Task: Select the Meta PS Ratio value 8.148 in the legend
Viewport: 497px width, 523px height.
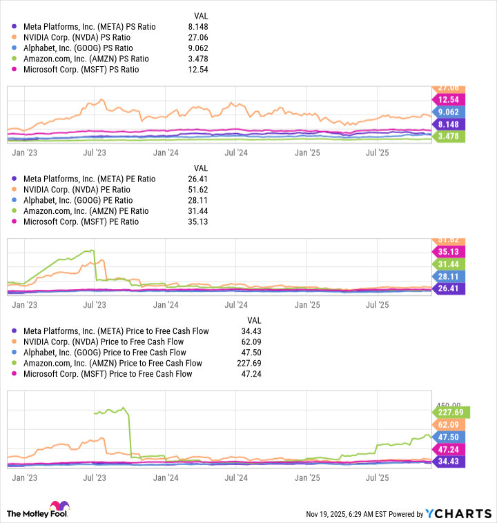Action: pos(197,27)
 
